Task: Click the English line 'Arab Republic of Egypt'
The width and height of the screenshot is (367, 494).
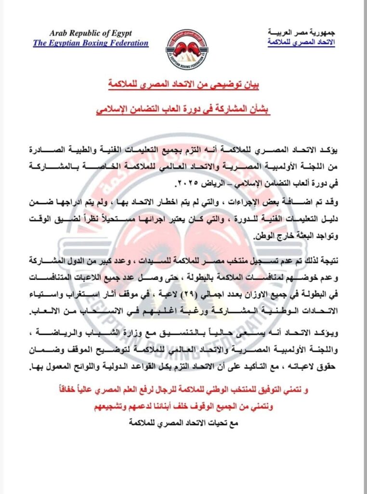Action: pos(91,33)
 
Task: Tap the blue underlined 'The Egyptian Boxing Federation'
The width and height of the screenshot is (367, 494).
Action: pos(91,43)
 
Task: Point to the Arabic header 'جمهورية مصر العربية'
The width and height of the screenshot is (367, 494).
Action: pos(301,32)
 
